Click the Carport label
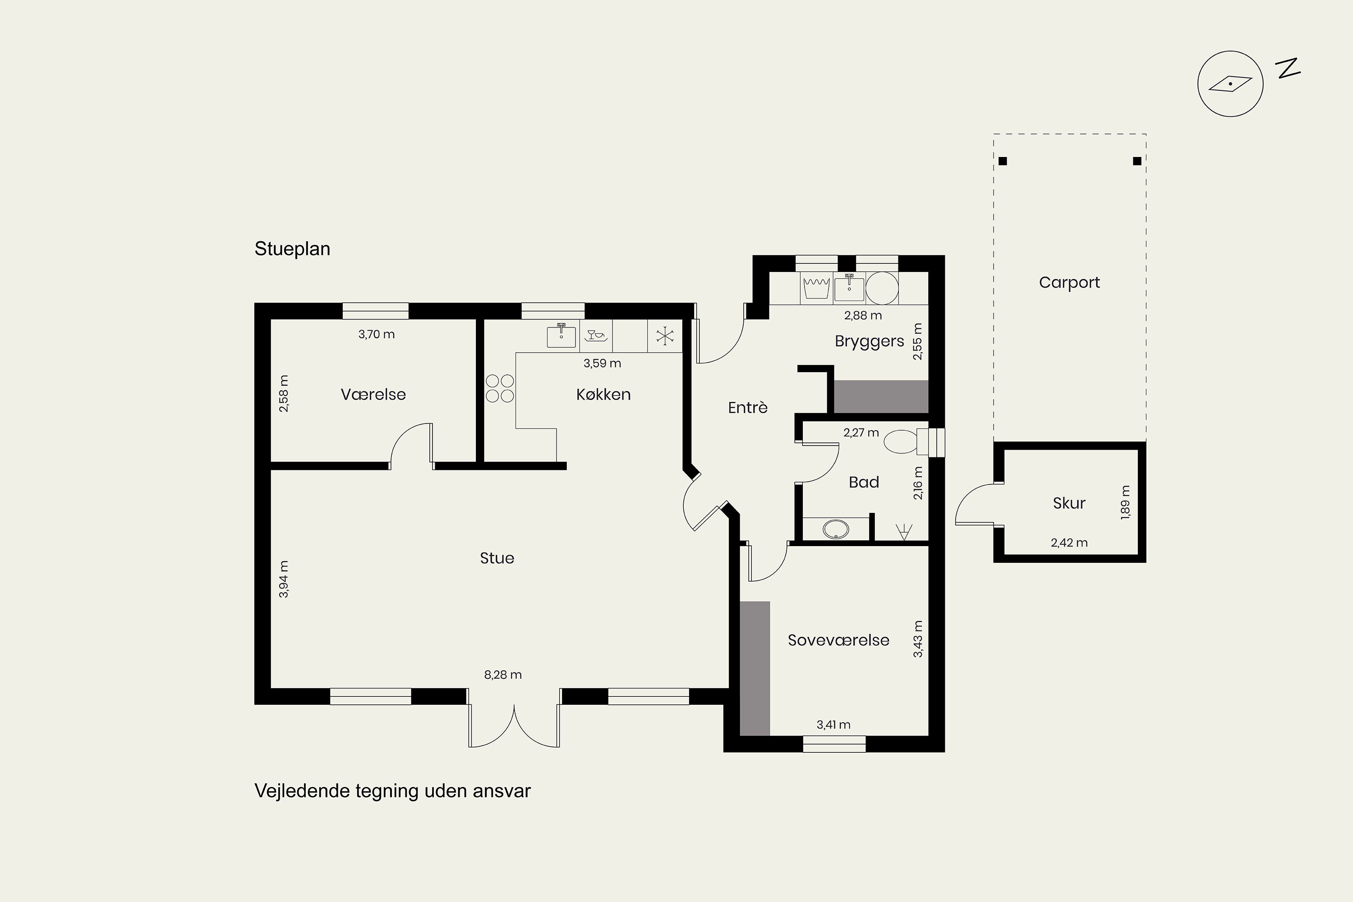click(x=1069, y=282)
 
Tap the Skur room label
click(x=1069, y=503)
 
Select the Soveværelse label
click(x=838, y=640)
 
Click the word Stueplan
click(x=292, y=249)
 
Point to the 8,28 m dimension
click(x=503, y=675)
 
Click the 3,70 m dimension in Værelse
click(x=376, y=334)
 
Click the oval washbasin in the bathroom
click(x=836, y=529)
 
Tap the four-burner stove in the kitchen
click(x=499, y=388)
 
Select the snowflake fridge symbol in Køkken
click(x=665, y=336)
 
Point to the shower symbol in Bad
click(x=904, y=532)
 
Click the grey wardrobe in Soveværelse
click(x=755, y=668)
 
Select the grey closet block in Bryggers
click(x=881, y=396)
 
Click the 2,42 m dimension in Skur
click(x=1069, y=543)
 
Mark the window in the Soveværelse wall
click(x=834, y=744)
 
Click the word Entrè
click(x=748, y=408)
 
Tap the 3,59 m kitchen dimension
click(x=602, y=363)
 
